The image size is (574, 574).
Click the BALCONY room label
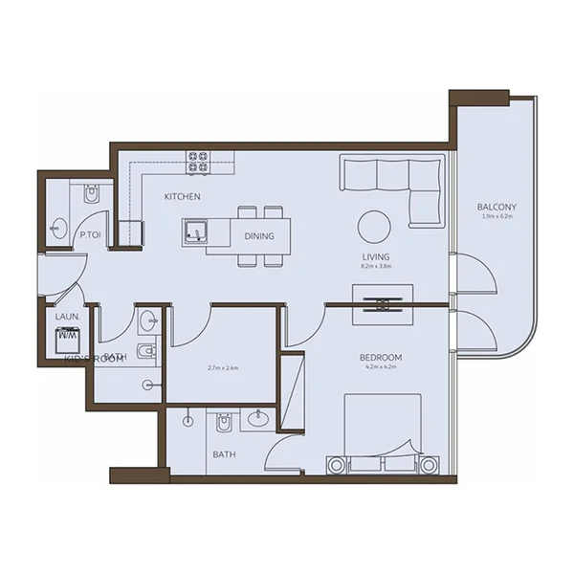pyautogui.click(x=497, y=207)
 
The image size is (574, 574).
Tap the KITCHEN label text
pyautogui.click(x=182, y=197)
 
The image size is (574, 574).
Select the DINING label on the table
pyautogui.click(x=259, y=236)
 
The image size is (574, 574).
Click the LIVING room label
pyautogui.click(x=376, y=257)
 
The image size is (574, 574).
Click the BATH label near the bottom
pyautogui.click(x=224, y=454)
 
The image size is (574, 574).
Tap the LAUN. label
pyautogui.click(x=66, y=316)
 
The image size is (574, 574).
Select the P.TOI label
pyautogui.click(x=92, y=234)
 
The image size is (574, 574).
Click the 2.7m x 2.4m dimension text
pyautogui.click(x=222, y=367)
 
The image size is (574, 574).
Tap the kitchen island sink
pyautogui.click(x=198, y=232)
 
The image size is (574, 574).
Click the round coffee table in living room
pyautogui.click(x=374, y=227)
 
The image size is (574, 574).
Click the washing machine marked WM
pyautogui.click(x=68, y=338)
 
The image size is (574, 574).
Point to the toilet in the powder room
pyautogui.click(x=91, y=195)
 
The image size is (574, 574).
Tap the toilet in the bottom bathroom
pyautogui.click(x=225, y=421)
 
